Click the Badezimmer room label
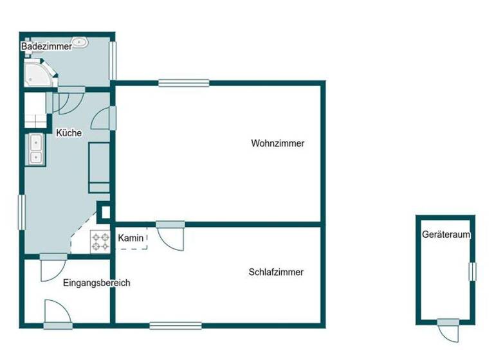[46, 47]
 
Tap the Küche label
[69, 134]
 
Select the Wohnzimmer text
[277, 143]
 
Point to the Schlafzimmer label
[276, 272]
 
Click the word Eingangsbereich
[96, 283]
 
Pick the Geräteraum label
[446, 235]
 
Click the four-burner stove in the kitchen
[100, 242]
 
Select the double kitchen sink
[35, 148]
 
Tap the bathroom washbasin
[80, 43]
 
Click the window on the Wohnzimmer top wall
[184, 82]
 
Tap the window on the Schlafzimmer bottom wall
[175, 325]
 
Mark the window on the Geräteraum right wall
[473, 271]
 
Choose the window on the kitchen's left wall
[21, 212]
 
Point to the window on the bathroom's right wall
[113, 60]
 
